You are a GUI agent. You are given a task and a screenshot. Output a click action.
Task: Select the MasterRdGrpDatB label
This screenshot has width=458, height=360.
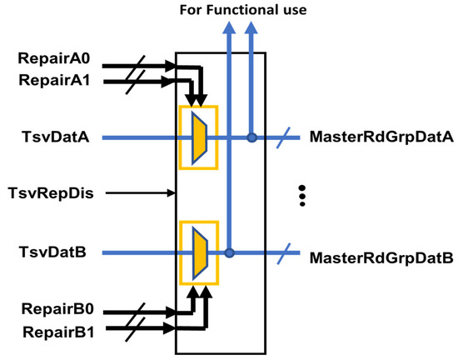pos(381,258)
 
